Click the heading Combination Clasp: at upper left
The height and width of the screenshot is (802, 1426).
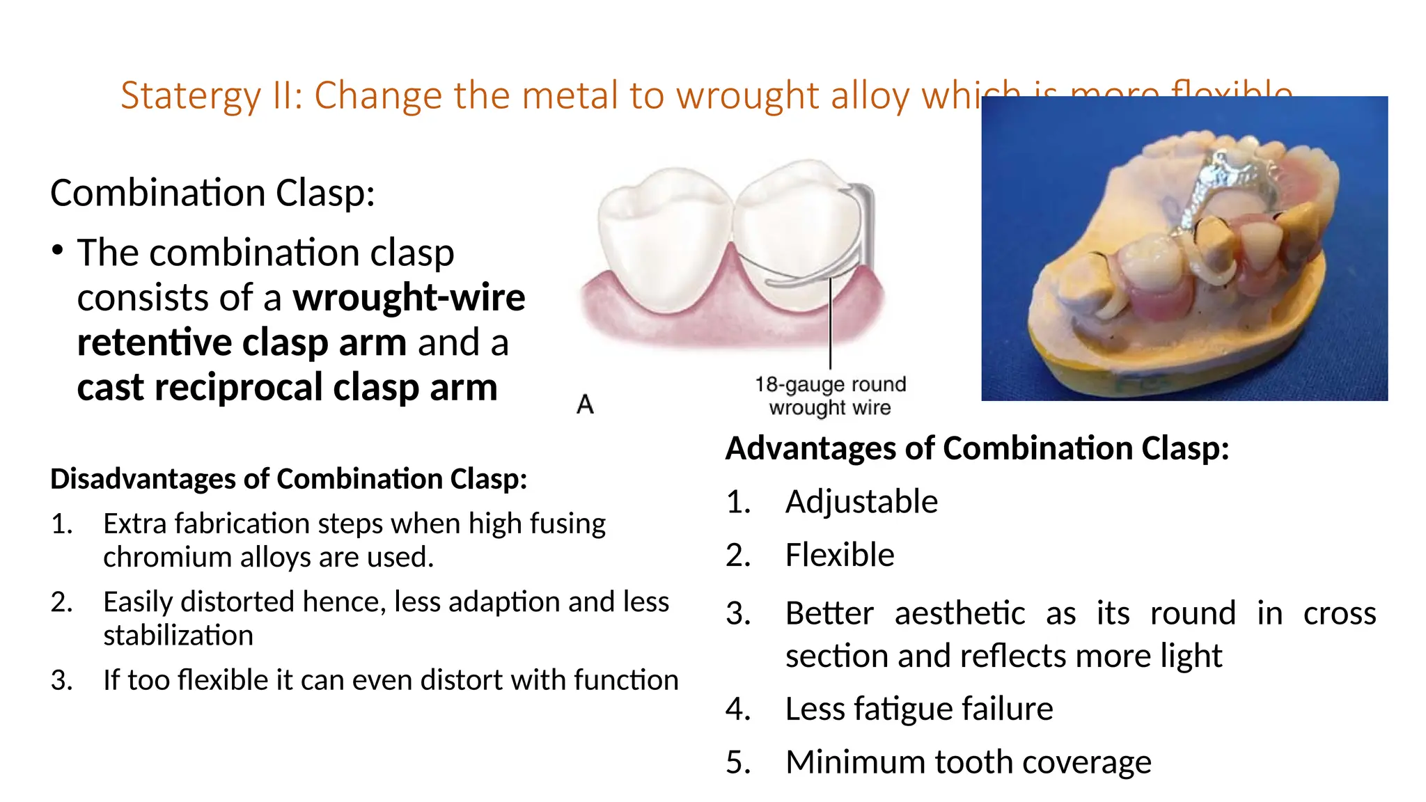[212, 193]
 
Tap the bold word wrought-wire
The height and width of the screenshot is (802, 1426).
[409, 298]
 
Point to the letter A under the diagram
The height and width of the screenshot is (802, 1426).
[585, 404]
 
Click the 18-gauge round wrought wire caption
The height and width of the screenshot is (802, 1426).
[830, 395]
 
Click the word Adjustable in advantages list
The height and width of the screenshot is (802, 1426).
[861, 502]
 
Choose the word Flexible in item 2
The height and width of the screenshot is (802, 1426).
[840, 556]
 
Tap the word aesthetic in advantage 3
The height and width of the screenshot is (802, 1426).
[959, 614]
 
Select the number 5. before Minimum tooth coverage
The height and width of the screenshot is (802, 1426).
[738, 763]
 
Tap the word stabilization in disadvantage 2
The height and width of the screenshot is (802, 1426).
[178, 636]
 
